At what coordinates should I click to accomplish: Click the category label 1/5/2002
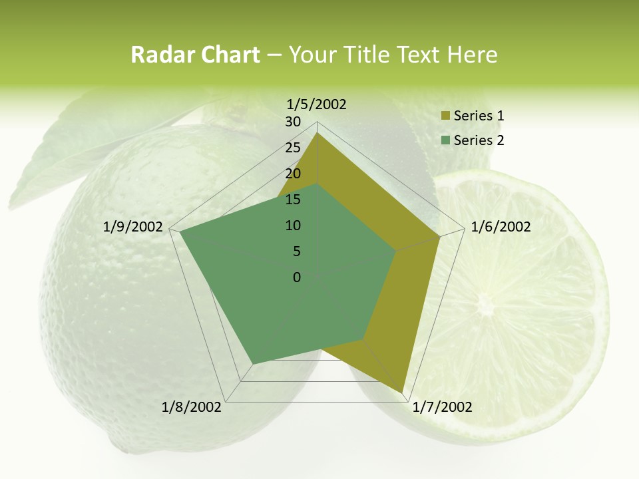[x=316, y=104]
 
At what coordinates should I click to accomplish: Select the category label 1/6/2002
[x=501, y=227]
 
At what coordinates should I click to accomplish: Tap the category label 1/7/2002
[x=442, y=407]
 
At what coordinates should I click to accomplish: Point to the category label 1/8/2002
[x=192, y=407]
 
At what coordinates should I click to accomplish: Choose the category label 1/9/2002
[x=133, y=227]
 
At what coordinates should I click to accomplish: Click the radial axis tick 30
[x=293, y=122]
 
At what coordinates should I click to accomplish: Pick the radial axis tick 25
[x=293, y=148]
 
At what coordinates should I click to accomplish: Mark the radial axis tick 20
[x=293, y=174]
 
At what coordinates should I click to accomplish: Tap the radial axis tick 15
[x=293, y=200]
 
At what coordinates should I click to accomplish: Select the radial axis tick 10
[x=293, y=226]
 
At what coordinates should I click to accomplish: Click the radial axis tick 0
[x=297, y=277]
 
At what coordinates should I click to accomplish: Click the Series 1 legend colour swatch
[x=445, y=116]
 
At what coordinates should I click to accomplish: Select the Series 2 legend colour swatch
[x=445, y=140]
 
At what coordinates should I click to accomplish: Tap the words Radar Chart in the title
[x=195, y=55]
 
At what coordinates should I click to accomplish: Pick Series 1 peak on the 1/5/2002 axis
[x=317, y=133]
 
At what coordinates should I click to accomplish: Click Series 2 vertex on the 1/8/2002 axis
[x=252, y=364]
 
